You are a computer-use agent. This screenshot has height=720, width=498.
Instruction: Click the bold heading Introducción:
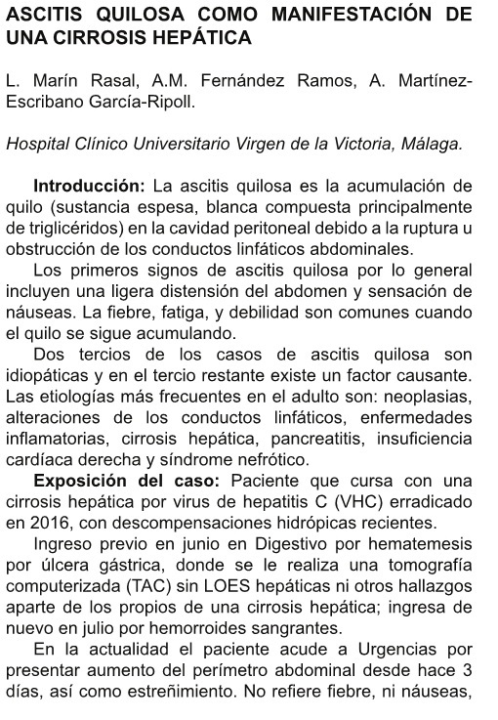point(88,186)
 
